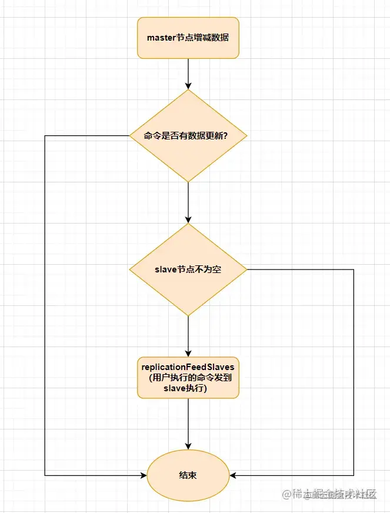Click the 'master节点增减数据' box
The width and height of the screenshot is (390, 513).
coord(188,38)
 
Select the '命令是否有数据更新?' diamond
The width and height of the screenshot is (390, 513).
coord(188,136)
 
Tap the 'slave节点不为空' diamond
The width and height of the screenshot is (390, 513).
coord(188,269)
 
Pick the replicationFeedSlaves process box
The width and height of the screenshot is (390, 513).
coord(188,377)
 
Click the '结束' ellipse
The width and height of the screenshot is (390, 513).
coord(188,474)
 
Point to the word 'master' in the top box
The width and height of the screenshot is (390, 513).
coord(161,38)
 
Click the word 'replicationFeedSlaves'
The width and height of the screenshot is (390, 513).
coord(188,367)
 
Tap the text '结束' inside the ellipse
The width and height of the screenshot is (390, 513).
coord(188,475)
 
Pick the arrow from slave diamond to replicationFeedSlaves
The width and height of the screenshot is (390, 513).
coord(188,335)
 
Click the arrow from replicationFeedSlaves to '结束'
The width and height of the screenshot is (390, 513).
coord(188,424)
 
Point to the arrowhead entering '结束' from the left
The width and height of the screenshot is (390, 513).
coord(142,474)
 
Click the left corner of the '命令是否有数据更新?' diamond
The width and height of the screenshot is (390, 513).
coord(131,136)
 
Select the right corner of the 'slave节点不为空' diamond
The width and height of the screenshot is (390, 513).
coord(246,269)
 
